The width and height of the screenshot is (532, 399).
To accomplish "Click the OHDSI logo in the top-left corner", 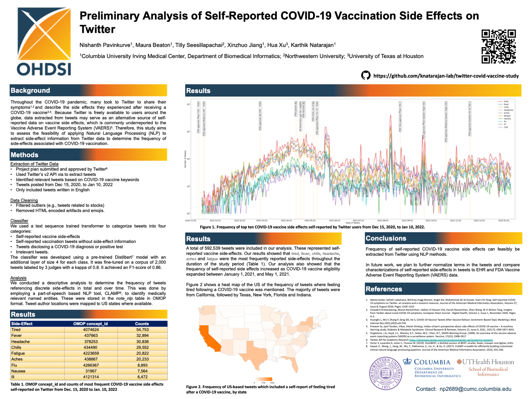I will (x=44, y=41).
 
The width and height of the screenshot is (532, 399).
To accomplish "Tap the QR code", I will (x=499, y=46).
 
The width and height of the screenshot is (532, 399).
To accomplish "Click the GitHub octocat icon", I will (x=366, y=75).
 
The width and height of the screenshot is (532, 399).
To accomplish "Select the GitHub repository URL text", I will (x=446, y=76).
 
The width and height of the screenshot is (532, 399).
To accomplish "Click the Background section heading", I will (x=30, y=90).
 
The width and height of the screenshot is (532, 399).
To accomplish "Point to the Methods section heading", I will (x=25, y=155).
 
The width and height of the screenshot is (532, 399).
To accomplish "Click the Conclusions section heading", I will (x=386, y=238).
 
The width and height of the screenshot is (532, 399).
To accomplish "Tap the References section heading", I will (x=384, y=289).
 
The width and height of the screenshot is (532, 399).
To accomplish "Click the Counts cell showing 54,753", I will (x=142, y=330).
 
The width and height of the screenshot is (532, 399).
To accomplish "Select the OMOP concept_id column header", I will (x=90, y=324).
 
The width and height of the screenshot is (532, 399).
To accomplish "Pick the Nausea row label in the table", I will (x=18, y=371).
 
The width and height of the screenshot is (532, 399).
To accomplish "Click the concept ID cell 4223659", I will (x=91, y=353).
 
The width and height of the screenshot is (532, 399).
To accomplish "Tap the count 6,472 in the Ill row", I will (x=142, y=377).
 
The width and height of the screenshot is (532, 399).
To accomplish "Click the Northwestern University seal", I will (x=385, y=373).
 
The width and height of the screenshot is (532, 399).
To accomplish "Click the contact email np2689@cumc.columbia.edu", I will (x=475, y=389).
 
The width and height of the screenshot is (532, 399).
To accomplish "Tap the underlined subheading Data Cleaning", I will (x=24, y=200).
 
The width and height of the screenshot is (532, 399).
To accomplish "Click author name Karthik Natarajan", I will (x=313, y=45).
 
